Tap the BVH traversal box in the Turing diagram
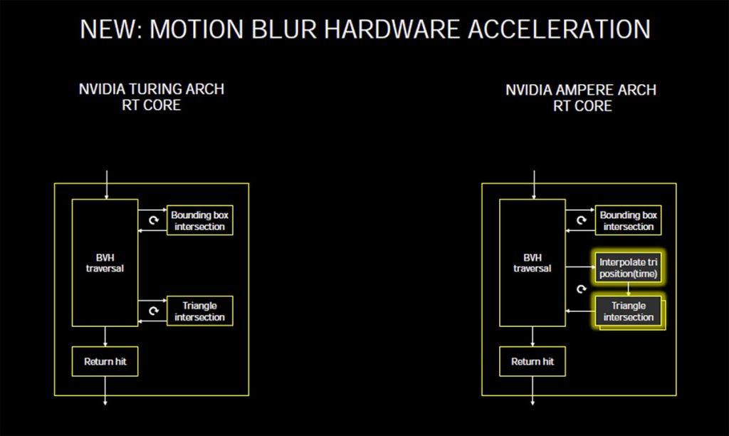point(105,263)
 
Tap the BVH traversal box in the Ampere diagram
point(532,263)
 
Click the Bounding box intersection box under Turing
point(200,221)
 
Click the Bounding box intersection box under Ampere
point(627,221)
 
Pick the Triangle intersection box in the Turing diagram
point(200,311)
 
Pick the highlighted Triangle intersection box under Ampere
point(627,311)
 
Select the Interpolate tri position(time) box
point(627,268)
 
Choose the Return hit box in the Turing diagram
point(105,361)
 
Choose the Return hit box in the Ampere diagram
point(532,361)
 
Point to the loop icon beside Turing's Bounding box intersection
point(152,221)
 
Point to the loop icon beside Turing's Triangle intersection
point(152,311)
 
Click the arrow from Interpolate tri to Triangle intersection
point(627,289)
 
